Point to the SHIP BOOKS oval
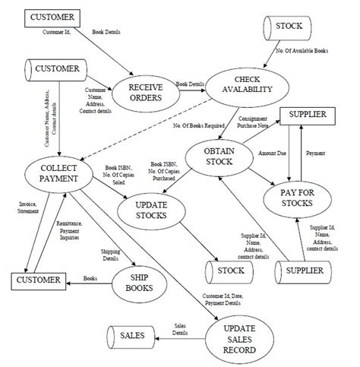pos(144,286)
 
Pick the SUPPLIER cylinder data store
pos(306,271)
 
